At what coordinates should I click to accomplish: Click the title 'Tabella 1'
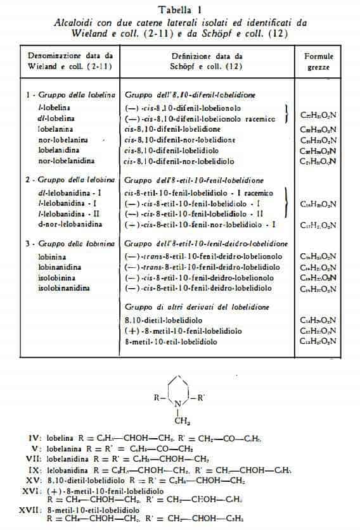click(179, 9)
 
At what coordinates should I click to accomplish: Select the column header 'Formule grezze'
click(319, 61)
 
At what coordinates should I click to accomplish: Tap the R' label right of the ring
click(200, 397)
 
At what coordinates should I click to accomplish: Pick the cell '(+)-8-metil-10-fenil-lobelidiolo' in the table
click(177, 331)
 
